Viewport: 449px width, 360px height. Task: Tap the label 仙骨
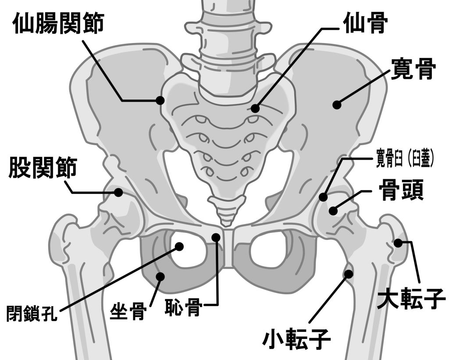pos(365,25)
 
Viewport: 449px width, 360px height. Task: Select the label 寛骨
pos(413,69)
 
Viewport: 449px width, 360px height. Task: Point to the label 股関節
pos(43,169)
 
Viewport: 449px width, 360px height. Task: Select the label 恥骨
pos(183,307)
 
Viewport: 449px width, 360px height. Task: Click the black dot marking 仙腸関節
pos(160,100)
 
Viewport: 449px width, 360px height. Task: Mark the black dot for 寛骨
pos(337,104)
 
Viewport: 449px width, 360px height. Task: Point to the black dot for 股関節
pos(118,192)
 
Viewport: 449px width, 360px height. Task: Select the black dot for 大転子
pos(398,242)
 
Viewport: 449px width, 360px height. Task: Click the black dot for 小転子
pos(349,274)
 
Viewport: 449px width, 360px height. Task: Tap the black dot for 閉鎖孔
pos(179,246)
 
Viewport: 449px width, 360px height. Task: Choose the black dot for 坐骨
pos(160,276)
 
